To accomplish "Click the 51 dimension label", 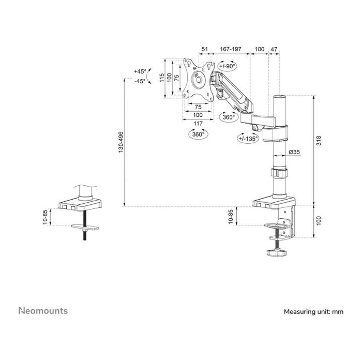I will point(204,49).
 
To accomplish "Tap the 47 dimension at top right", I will point(274,49).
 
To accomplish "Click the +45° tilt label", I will point(140,71).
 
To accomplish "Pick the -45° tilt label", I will point(140,81).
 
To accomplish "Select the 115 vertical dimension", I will point(162,77).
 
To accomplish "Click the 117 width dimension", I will point(198,123).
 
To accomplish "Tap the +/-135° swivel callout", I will point(248,139).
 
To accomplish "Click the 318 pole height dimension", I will point(319,141).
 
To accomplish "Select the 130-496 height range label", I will point(121,142).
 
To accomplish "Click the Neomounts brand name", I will point(43,311).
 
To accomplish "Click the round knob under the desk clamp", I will point(277,253).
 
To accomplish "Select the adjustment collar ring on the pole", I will point(279,173).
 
